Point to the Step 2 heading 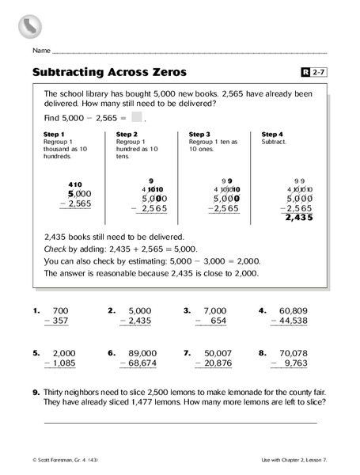click(127, 135)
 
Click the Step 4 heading click(272, 135)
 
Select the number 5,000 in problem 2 click(139, 310)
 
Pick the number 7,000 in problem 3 click(215, 310)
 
